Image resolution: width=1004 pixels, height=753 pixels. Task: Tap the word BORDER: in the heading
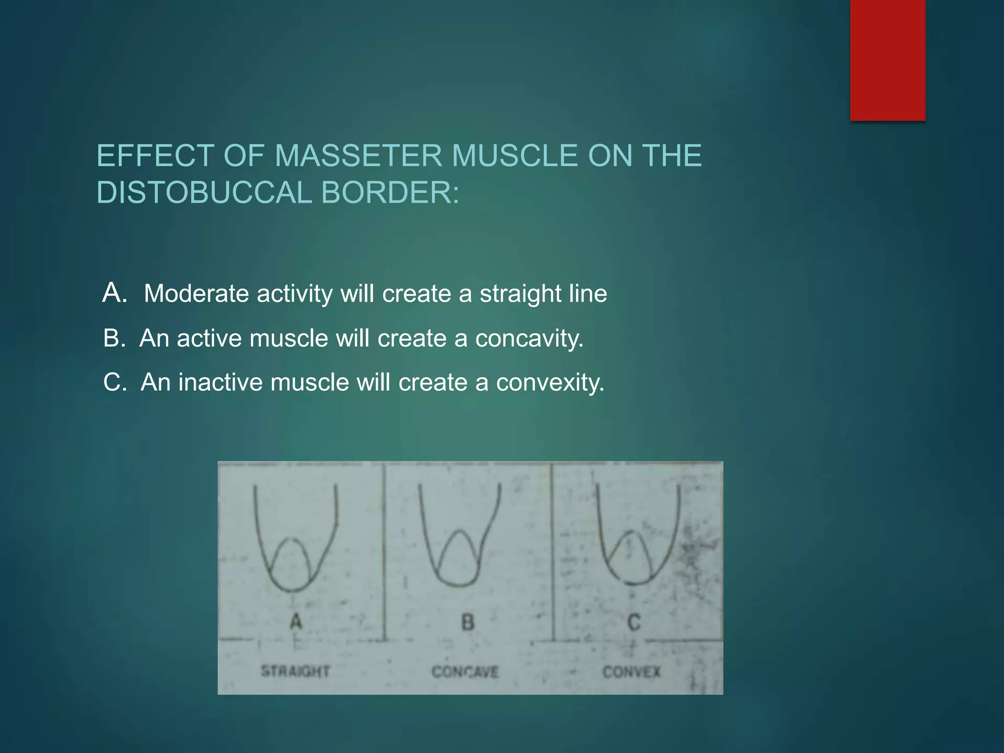coord(390,192)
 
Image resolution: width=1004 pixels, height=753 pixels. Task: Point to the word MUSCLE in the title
coord(514,156)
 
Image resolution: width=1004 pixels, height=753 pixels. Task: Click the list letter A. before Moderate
coord(115,293)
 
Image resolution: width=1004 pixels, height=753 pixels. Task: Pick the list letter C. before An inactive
coord(115,382)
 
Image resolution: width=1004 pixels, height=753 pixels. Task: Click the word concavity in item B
coord(529,339)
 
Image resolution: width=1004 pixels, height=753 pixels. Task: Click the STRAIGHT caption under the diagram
coord(295,671)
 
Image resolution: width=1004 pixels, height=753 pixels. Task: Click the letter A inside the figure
coord(296,622)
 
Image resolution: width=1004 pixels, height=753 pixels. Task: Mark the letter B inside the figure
coord(468,622)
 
